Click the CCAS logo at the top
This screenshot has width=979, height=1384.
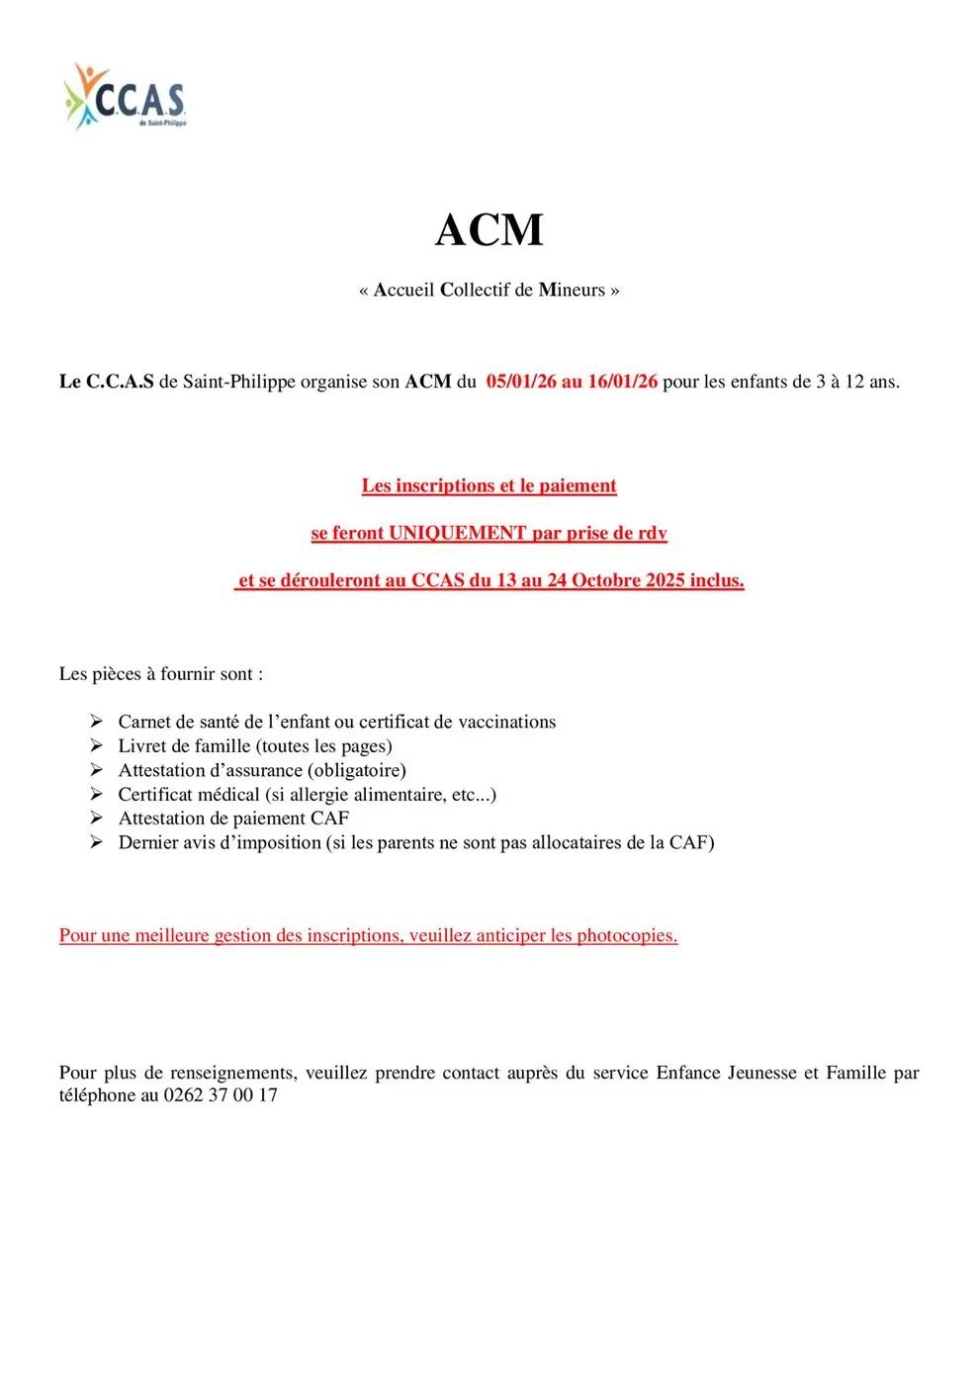(x=126, y=97)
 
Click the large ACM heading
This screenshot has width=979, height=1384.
(x=489, y=230)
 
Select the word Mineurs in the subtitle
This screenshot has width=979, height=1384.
(x=572, y=290)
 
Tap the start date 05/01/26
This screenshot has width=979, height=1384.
(x=521, y=382)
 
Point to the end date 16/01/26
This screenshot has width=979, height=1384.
(x=622, y=382)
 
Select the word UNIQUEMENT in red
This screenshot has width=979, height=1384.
(x=457, y=533)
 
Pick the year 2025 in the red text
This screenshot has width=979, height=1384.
(x=666, y=580)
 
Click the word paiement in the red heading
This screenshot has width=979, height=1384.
(x=578, y=485)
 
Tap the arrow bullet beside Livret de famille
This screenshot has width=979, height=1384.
(x=96, y=745)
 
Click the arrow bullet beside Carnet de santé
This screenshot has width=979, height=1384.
(x=96, y=722)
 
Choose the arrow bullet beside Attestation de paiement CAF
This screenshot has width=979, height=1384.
(x=96, y=818)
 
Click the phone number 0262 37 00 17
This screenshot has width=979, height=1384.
(x=221, y=1095)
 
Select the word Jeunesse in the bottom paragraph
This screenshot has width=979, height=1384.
(x=761, y=1073)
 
